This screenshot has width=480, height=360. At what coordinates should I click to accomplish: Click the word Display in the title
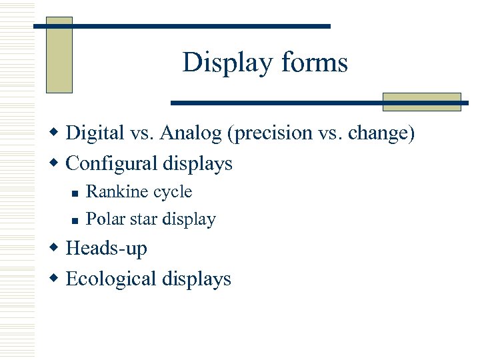click(x=218, y=63)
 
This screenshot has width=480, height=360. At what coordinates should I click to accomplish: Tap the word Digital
click(x=95, y=133)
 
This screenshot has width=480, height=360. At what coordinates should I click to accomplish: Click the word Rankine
click(x=109, y=192)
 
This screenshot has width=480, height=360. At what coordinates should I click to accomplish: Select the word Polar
click(x=102, y=219)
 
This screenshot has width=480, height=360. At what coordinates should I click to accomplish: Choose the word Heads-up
click(x=107, y=249)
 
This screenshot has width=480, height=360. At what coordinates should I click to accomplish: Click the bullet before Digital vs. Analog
click(x=56, y=133)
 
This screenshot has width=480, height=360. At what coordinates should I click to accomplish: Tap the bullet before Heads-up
click(x=56, y=249)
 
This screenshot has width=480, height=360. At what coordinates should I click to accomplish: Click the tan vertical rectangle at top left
click(x=59, y=55)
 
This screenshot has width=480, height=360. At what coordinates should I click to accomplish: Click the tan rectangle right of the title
click(x=421, y=101)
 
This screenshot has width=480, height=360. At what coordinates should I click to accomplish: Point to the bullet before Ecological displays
click(x=56, y=279)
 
